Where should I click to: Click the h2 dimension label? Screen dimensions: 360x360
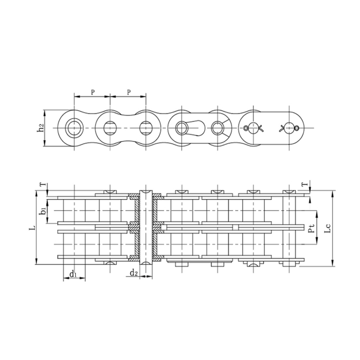coord(40,128)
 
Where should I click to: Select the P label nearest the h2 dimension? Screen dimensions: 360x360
coord(92,92)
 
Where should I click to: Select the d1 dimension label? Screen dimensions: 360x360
coord(74,274)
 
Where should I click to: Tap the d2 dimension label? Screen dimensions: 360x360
coord(134,273)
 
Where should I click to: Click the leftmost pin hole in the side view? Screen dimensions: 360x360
coord(73,128)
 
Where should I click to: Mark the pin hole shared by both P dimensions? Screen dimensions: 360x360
coord(110,128)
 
